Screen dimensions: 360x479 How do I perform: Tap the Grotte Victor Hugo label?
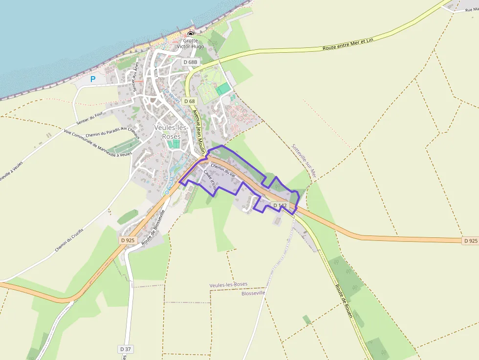(191, 43)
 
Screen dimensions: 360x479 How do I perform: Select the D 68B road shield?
(191, 62)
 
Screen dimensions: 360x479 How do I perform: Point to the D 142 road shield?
(279, 206)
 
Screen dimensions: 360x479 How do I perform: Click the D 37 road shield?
(126, 349)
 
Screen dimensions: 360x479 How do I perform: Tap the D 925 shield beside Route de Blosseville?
(127, 240)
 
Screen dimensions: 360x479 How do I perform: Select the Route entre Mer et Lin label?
(348, 44)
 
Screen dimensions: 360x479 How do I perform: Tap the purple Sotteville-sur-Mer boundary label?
(305, 161)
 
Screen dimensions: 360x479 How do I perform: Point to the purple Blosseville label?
(253, 293)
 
